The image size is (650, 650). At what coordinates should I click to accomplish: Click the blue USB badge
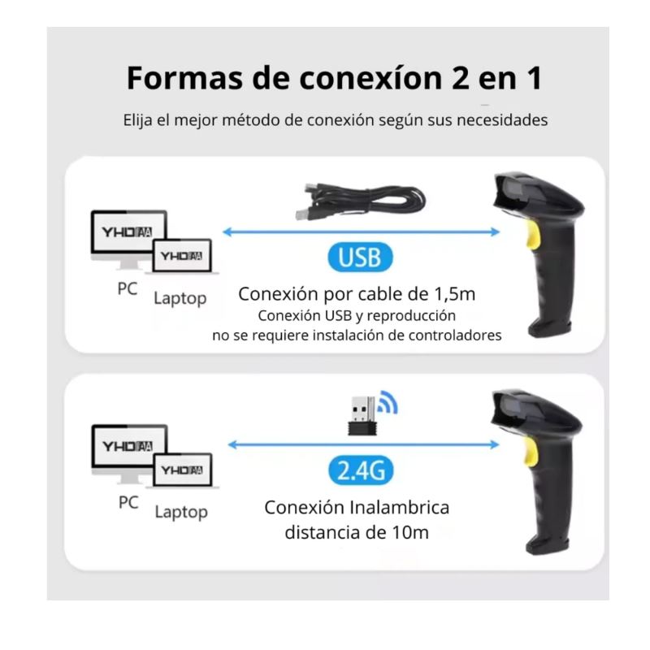360,257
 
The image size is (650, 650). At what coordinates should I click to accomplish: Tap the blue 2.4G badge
361,470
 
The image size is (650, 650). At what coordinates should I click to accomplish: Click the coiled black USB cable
360,201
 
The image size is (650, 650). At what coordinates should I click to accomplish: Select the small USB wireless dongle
362,416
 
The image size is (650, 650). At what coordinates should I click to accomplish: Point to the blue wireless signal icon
389,403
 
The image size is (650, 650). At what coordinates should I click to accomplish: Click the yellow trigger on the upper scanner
533,235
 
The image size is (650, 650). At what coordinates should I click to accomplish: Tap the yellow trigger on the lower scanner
531,451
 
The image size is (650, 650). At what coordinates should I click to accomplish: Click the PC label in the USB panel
128,289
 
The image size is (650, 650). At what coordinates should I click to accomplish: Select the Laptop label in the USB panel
180,298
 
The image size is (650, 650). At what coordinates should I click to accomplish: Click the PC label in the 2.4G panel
128,502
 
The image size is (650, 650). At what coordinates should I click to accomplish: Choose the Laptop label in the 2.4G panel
181,513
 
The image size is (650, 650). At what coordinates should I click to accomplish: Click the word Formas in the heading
185,78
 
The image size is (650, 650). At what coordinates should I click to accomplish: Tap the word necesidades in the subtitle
502,120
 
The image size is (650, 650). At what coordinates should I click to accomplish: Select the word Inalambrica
399,507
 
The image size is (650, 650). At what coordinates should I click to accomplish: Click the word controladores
455,335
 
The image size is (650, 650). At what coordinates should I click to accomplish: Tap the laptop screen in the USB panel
182,256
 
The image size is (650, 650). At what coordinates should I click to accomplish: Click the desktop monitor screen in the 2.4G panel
128,446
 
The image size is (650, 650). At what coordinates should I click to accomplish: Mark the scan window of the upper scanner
514,190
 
